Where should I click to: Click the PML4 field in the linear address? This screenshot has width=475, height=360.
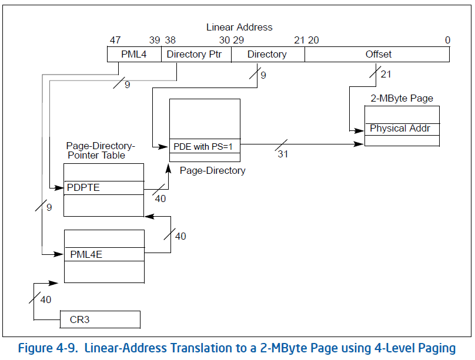(133, 55)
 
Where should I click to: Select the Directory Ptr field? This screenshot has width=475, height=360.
(196, 55)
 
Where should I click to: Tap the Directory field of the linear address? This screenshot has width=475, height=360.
(267, 55)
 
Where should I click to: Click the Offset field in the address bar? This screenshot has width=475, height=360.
(377, 55)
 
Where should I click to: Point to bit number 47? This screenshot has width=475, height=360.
(115, 40)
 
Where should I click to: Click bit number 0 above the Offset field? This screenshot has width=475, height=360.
(447, 40)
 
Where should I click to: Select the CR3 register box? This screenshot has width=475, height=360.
(100, 319)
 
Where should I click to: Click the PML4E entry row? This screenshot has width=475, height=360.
(103, 255)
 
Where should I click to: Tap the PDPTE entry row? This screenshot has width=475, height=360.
(103, 188)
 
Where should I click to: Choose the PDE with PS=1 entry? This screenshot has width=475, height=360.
(205, 147)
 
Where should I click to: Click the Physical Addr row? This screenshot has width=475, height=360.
(402, 129)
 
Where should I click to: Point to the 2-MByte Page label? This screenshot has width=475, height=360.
(402, 98)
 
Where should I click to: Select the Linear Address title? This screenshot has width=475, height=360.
(239, 27)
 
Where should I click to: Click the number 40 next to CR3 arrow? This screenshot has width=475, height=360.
(45, 300)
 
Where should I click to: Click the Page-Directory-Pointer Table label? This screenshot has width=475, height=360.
(100, 150)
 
